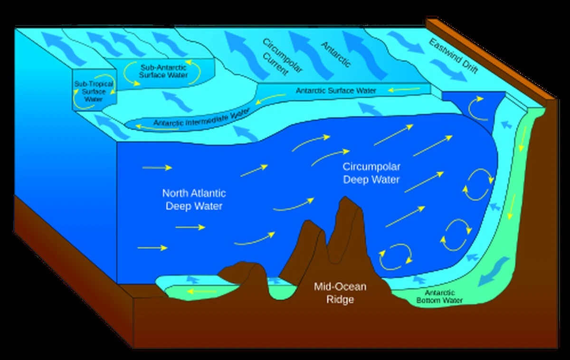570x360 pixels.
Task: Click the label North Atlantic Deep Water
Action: click(x=194, y=200)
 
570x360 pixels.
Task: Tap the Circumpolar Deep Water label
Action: click(x=371, y=173)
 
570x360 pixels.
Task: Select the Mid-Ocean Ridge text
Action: click(x=340, y=293)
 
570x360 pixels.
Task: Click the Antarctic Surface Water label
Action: click(x=336, y=90)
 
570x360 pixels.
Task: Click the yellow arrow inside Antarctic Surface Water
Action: click(x=401, y=89)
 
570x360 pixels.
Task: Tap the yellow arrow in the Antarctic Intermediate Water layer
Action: click(x=144, y=126)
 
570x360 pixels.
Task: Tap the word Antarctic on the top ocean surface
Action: click(x=336, y=54)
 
